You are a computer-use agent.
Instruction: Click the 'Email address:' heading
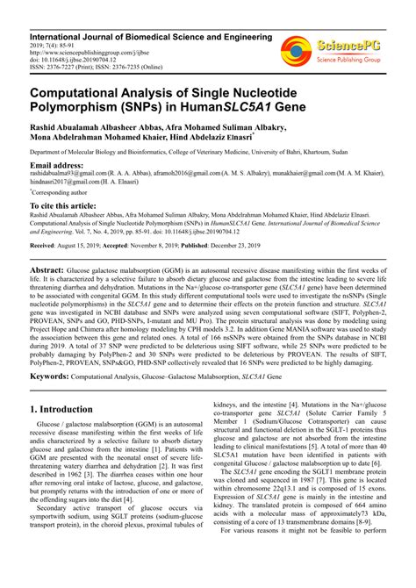coord(60,165)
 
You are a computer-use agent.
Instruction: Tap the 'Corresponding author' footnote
coord(61,191)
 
